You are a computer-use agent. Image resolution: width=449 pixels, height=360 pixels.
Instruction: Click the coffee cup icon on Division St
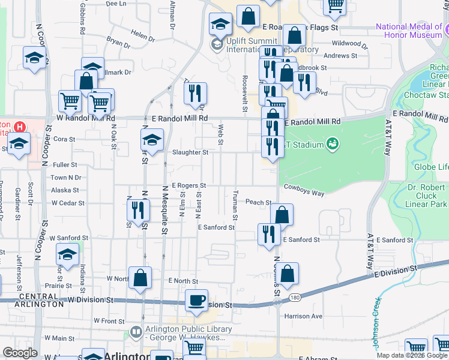tap(196, 301)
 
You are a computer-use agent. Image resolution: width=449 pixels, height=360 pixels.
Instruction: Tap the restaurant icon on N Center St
tap(137, 210)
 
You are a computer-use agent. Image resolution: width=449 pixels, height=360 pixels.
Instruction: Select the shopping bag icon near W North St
tap(140, 278)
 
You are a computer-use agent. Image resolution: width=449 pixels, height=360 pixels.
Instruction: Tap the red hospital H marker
tap(20, 127)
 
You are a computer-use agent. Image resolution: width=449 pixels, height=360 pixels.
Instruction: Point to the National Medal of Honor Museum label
tap(409, 31)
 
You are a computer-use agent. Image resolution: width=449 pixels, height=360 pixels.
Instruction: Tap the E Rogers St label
tap(188, 186)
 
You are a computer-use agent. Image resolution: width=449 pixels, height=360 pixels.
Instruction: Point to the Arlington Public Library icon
tap(136, 331)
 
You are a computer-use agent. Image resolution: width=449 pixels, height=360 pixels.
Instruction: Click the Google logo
tap(20, 353)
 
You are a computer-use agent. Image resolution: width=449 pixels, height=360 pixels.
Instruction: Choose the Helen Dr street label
tap(142, 36)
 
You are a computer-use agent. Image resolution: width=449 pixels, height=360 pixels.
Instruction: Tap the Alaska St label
tap(61, 190)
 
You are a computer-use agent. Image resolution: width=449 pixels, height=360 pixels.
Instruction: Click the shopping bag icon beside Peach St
tap(281, 215)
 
